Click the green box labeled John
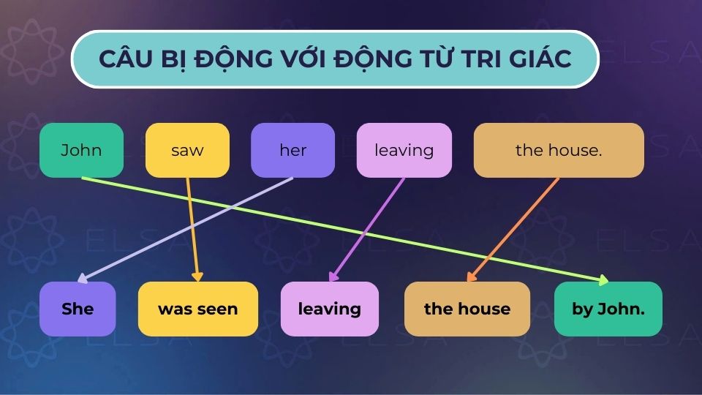[81, 150]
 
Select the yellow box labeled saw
[187, 150]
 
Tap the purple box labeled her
[292, 150]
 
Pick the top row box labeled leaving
[404, 150]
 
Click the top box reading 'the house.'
[559, 150]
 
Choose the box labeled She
[78, 309]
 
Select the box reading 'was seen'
[197, 309]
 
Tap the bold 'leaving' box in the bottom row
[330, 309]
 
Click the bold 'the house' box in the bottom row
[467, 309]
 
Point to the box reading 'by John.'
[608, 309]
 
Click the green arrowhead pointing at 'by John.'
[603, 279]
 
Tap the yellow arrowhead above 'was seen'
[197, 277]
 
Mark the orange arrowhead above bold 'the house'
[471, 277]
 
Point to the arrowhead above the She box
[82, 279]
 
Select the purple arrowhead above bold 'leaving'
[333, 277]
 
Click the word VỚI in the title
[299, 59]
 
